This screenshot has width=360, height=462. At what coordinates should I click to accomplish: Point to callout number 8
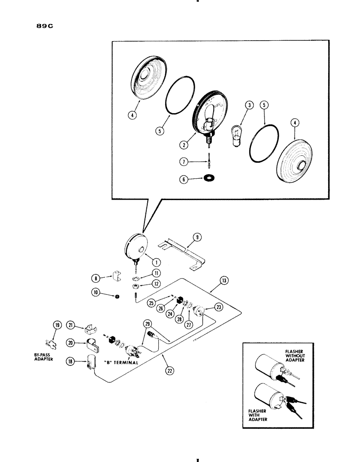coord(96,278)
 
